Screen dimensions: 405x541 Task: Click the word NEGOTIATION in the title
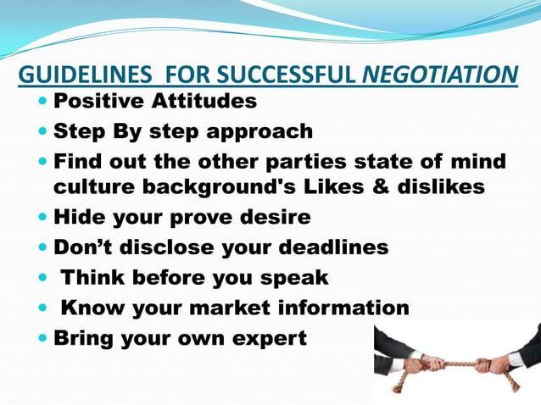(439, 75)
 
